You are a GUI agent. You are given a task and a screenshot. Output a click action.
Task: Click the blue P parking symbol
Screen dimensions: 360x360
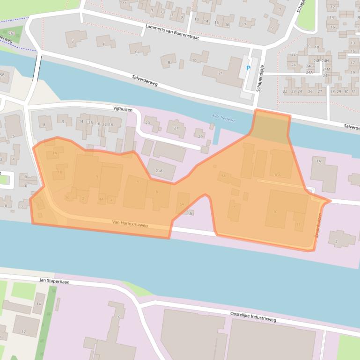click(x=248, y=68)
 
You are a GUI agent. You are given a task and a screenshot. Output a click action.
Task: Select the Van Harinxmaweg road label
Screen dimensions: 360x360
click(x=130, y=225)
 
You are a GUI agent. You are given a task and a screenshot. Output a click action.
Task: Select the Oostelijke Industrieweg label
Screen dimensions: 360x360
click(x=253, y=317)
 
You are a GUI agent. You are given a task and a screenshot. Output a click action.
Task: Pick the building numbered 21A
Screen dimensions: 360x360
click(x=159, y=171)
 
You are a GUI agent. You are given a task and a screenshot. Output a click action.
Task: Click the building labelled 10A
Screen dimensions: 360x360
click(x=278, y=175)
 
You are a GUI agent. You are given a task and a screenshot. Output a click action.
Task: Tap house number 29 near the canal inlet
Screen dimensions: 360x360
click(x=200, y=136)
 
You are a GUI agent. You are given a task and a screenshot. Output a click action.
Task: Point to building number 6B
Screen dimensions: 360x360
click(x=190, y=213)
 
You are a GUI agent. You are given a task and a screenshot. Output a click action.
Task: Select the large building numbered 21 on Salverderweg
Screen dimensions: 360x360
click(x=220, y=73)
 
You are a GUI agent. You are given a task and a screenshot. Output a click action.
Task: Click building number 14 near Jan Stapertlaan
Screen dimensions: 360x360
click(x=39, y=304)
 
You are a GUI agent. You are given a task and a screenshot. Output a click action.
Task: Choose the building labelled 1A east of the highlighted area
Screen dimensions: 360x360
click(x=320, y=161)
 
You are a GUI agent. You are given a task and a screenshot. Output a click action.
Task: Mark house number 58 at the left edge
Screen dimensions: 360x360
click(x=2, y=75)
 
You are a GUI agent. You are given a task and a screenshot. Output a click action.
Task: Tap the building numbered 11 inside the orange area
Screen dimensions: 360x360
click(x=299, y=224)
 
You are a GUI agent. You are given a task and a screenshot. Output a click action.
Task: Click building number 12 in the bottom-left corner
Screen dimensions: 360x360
click(x=23, y=332)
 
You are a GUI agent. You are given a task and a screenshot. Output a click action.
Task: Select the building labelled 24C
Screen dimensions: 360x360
click(x=309, y=67)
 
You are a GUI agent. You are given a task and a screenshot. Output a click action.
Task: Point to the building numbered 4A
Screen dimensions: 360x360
click(x=101, y=200)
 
